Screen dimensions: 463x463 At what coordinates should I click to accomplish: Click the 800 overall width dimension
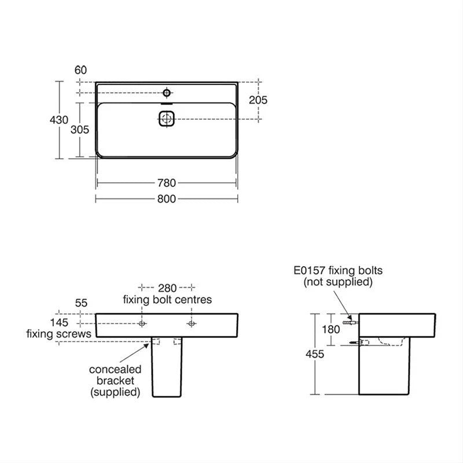(x=166, y=199)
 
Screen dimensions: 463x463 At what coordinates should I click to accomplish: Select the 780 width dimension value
(x=166, y=183)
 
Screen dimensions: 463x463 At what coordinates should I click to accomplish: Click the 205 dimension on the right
(x=258, y=100)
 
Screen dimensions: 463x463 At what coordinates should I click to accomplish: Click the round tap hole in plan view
(x=167, y=93)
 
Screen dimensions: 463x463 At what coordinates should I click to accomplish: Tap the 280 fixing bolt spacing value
(x=167, y=288)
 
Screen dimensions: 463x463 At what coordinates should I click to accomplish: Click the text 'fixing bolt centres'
(x=167, y=299)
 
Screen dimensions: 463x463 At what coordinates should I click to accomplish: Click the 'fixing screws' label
(x=58, y=334)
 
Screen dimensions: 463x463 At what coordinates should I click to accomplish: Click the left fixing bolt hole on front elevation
(x=142, y=324)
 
